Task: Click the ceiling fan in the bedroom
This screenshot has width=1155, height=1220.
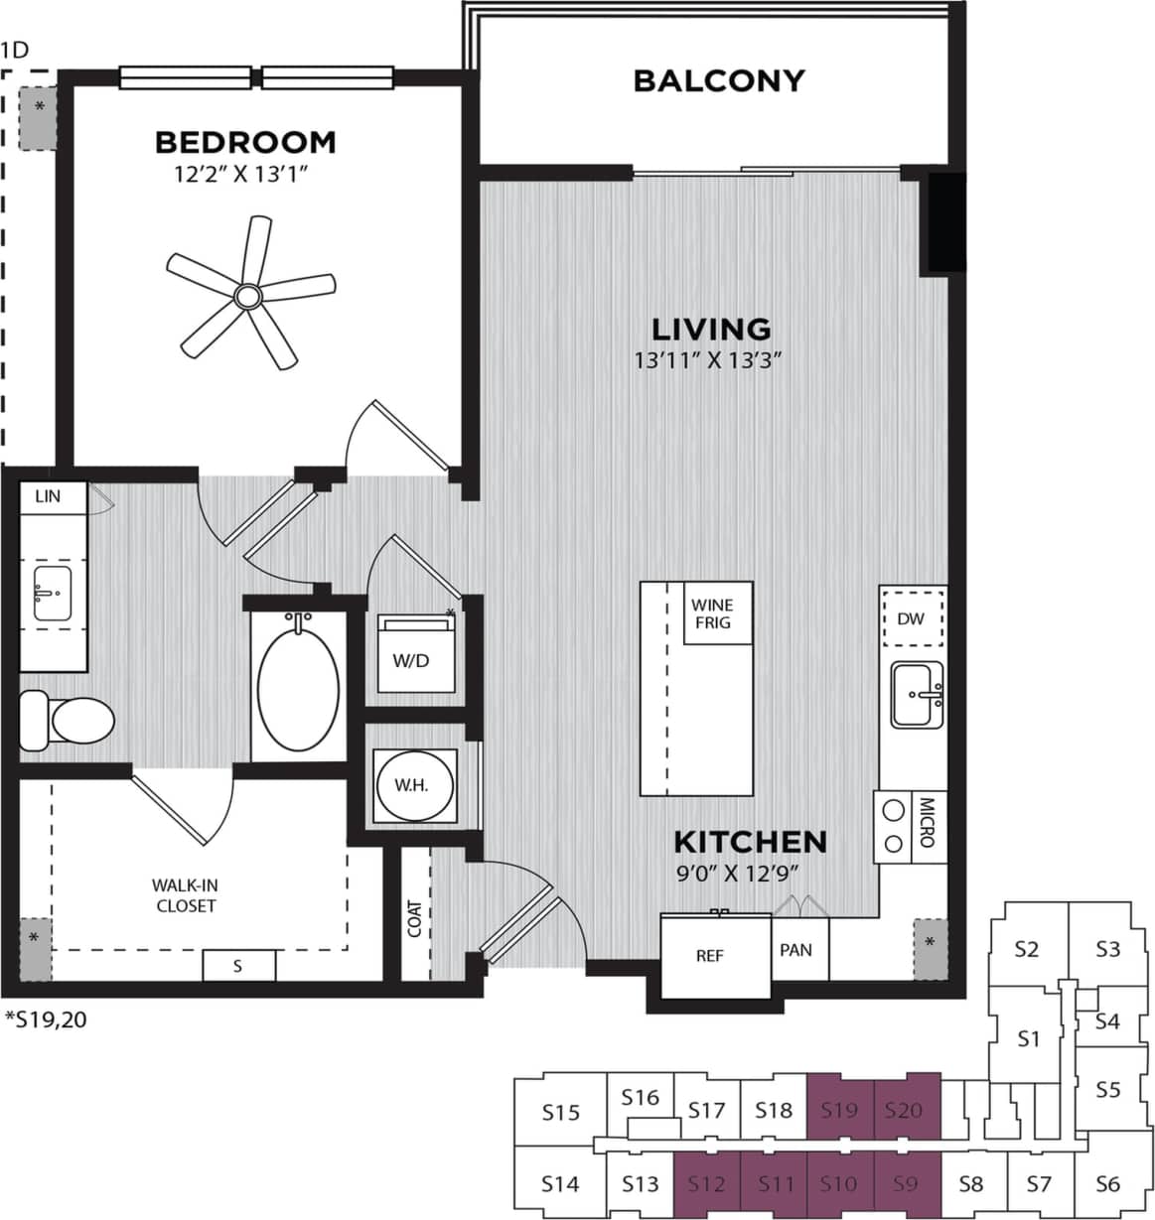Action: click(247, 295)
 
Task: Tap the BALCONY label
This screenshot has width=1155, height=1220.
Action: click(718, 80)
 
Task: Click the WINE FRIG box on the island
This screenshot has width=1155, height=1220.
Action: click(712, 613)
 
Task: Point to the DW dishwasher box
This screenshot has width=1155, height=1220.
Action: click(910, 619)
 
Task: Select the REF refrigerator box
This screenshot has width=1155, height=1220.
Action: click(710, 956)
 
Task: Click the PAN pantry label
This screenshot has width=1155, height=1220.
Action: click(795, 950)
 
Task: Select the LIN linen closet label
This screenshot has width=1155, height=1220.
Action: click(48, 496)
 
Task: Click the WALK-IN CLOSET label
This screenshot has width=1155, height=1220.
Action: click(184, 895)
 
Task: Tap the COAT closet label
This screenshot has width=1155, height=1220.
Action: click(414, 919)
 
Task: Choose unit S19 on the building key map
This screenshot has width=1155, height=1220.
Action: click(839, 1110)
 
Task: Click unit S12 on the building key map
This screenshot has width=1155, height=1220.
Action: click(706, 1183)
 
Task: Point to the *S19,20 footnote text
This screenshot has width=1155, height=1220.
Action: click(46, 1017)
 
